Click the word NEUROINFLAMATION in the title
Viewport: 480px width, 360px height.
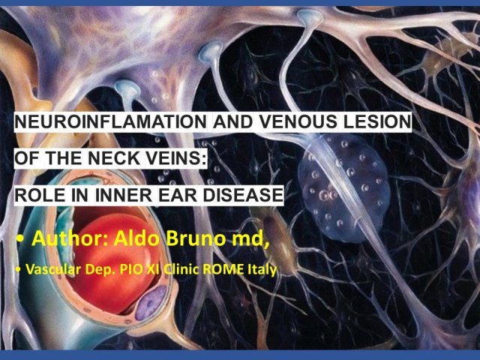[111, 121]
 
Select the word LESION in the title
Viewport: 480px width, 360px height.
[377, 121]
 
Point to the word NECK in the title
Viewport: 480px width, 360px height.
[115, 158]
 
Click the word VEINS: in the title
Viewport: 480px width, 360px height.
[177, 158]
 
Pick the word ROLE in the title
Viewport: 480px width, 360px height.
[40, 195]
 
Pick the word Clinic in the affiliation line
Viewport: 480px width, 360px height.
[181, 269]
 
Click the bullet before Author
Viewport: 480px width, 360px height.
[20, 239]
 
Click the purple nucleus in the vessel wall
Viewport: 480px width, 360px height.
[151, 302]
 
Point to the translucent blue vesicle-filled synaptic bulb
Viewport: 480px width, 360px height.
[343, 187]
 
